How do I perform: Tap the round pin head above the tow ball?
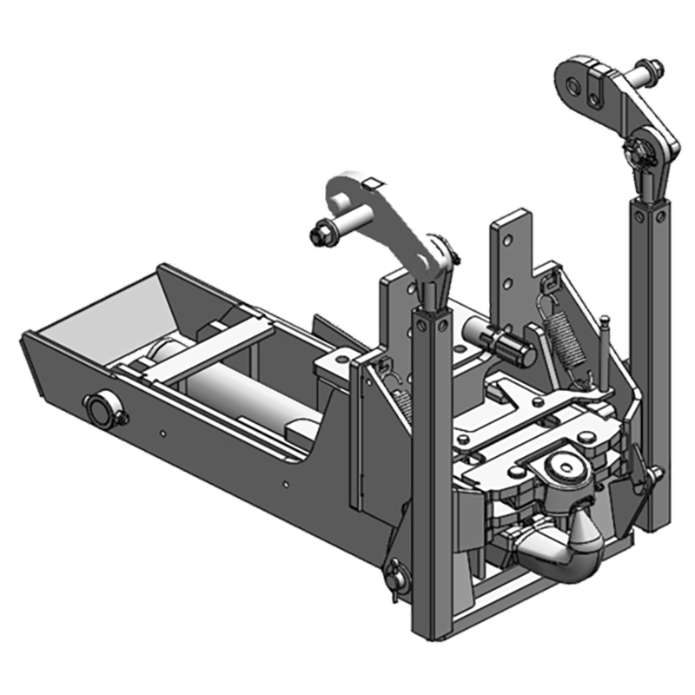pos(564,469)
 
